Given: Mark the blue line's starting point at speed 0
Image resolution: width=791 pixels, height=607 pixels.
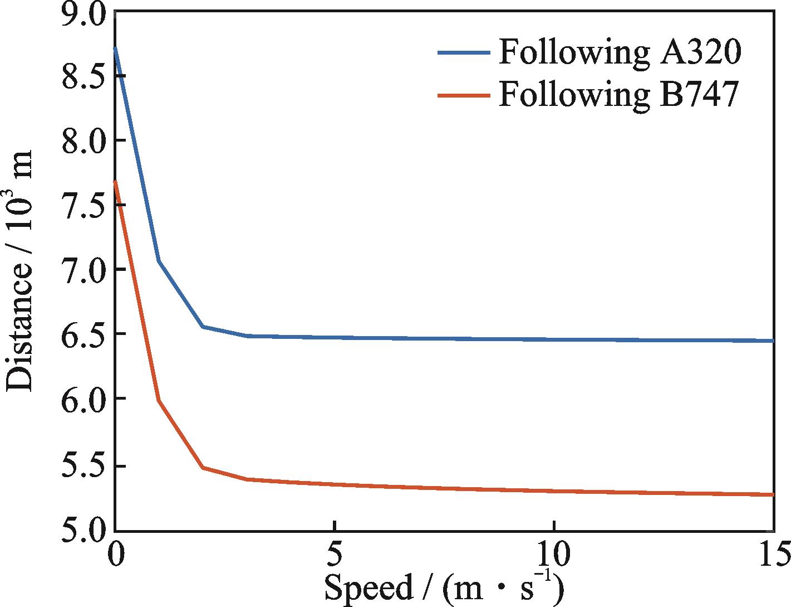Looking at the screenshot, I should pos(115,48).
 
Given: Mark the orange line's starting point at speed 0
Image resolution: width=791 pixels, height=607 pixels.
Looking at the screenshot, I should pos(115,181).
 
